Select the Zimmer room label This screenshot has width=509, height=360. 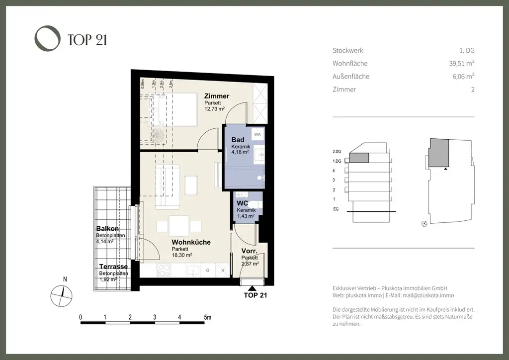[217, 96]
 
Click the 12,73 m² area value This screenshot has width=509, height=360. [215, 108]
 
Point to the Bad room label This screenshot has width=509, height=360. [238, 140]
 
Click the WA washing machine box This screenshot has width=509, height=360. [257, 134]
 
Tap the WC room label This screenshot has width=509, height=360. [242, 204]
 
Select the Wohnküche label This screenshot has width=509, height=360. [191, 242]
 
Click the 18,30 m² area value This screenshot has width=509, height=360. [182, 255]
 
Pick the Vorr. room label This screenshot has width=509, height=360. [249, 251]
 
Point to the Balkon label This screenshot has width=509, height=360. [107, 229]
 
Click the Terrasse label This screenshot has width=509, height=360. [113, 267]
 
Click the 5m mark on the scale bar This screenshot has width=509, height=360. [207, 317]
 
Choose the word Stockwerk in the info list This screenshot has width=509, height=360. [347, 50]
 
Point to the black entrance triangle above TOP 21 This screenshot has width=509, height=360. [254, 287]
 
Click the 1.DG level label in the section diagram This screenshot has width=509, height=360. [337, 161]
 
